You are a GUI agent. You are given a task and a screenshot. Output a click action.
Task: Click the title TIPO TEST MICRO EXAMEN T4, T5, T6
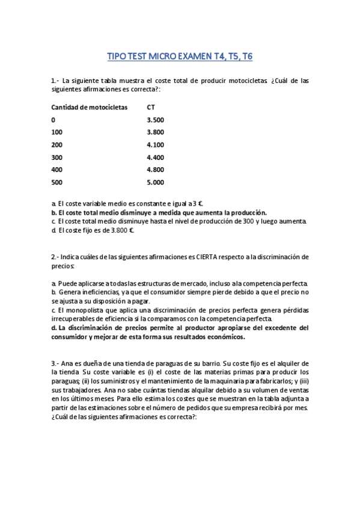point(180,57)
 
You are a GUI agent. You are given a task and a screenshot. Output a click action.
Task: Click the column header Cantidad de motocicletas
point(90,107)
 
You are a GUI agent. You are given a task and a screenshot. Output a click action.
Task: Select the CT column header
point(151,107)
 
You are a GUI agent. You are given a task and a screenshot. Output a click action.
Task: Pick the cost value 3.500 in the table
point(155,120)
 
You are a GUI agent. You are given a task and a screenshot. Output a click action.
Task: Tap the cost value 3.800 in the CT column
point(155,132)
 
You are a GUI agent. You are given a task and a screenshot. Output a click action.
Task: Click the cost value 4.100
point(155,145)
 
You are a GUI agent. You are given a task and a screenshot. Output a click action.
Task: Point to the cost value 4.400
point(155,158)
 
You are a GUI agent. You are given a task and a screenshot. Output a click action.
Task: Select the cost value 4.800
point(155,170)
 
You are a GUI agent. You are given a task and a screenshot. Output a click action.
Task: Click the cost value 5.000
point(155,182)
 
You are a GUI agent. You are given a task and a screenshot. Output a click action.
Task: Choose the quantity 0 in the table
point(53,120)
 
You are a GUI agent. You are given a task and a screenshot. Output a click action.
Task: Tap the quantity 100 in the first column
point(57,132)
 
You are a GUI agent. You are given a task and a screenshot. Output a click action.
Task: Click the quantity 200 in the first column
point(57,145)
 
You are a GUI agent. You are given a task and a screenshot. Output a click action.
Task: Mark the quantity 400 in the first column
point(57,170)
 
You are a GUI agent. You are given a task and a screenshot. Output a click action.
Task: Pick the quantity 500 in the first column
point(57,182)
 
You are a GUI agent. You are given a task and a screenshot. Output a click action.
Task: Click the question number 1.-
point(55,80)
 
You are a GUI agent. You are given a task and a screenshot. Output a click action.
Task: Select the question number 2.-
point(55,256)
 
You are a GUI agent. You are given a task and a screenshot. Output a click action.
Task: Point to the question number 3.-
point(55,364)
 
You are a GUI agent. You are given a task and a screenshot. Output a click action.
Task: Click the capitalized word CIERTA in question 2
point(206,256)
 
